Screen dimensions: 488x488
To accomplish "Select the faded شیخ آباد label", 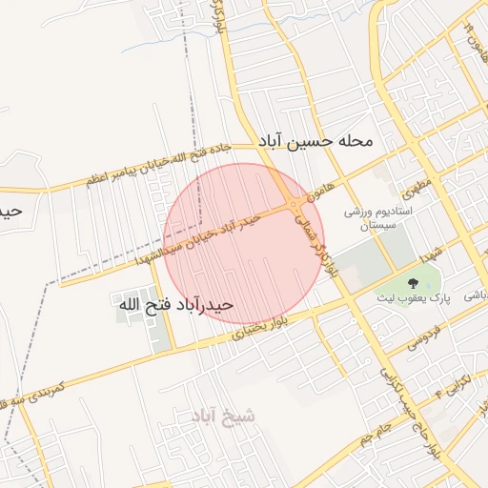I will pyautogui.click(x=223, y=417).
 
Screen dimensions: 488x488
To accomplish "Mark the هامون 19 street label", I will pyautogui.click(x=469, y=38).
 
